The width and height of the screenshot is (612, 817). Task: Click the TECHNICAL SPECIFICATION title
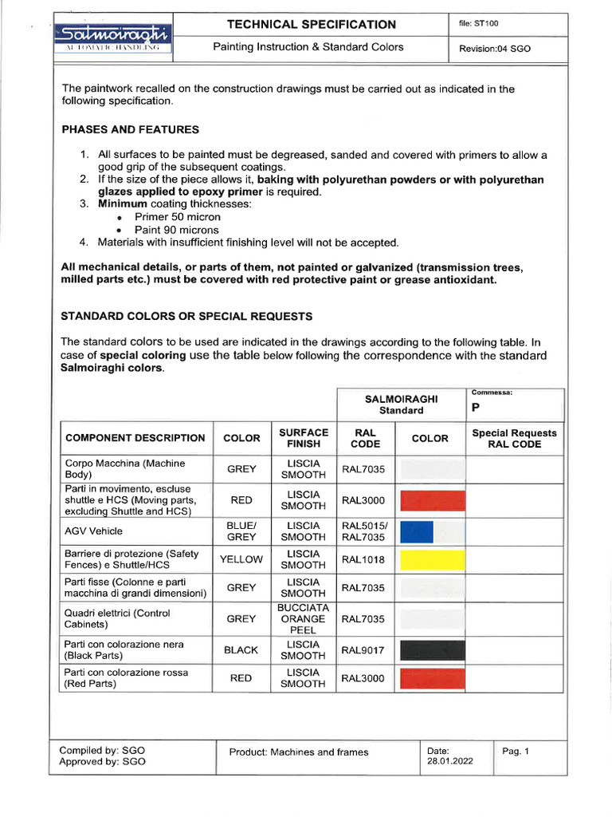pos(311,25)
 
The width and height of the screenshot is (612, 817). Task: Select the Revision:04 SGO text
pos(495,49)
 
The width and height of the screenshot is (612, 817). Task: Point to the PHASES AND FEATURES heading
pos(130,129)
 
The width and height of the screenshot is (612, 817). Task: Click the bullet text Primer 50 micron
pos(178,217)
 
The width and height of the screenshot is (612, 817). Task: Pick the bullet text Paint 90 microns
pos(176,230)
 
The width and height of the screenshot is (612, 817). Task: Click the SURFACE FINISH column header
pos(303,438)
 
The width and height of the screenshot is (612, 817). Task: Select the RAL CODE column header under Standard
pos(365,438)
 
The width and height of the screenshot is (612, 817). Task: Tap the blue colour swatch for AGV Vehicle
pos(416,531)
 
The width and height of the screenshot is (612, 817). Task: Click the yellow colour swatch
pos(431,559)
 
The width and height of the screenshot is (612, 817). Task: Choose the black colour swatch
pos(431,650)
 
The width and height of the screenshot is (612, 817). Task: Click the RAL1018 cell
pos(363,559)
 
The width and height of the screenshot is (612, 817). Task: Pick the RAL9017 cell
pos(363,650)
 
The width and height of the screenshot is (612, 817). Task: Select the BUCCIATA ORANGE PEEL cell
pos(303,618)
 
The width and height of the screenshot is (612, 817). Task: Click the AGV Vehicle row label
pos(93,531)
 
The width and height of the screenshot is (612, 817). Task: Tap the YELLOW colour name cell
pos(241,559)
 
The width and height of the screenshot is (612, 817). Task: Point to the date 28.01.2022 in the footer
pos(449,761)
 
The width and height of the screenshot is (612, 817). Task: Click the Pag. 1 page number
pos(516,751)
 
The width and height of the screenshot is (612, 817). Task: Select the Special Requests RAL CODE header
pos(515,438)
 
